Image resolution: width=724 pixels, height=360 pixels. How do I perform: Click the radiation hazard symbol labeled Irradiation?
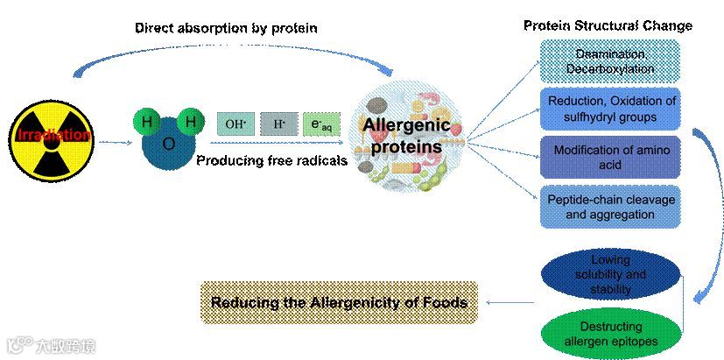(52, 137)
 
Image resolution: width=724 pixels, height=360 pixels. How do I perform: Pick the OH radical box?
(235, 124)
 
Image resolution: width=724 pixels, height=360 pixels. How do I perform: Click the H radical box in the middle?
(278, 124)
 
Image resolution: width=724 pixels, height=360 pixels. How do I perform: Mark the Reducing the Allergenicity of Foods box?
(339, 303)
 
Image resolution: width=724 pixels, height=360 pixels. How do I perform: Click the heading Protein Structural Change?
(608, 25)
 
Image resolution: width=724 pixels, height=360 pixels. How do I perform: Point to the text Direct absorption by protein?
(226, 28)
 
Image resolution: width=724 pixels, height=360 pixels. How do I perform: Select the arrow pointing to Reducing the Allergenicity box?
(512, 303)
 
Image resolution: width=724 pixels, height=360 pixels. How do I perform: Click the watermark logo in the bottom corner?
(48, 345)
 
